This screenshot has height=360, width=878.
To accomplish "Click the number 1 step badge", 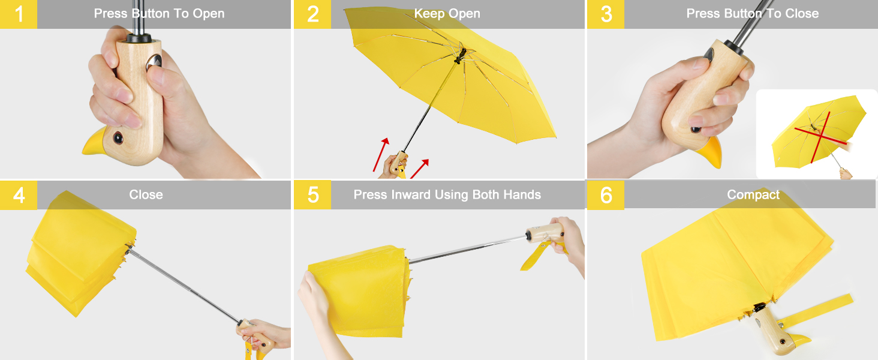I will click(18, 14).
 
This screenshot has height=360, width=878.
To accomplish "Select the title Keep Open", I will click(447, 14).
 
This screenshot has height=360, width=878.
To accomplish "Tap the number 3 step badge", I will click(606, 14).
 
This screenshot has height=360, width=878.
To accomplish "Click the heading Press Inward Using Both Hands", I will click(447, 195).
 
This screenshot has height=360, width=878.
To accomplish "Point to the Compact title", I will click(753, 195).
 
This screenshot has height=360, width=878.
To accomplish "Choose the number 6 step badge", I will click(606, 196).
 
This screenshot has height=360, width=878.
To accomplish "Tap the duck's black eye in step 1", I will click(118, 137).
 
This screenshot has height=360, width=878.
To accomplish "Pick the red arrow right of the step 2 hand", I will click(420, 169).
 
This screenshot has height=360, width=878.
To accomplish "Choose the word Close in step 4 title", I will click(146, 195).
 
